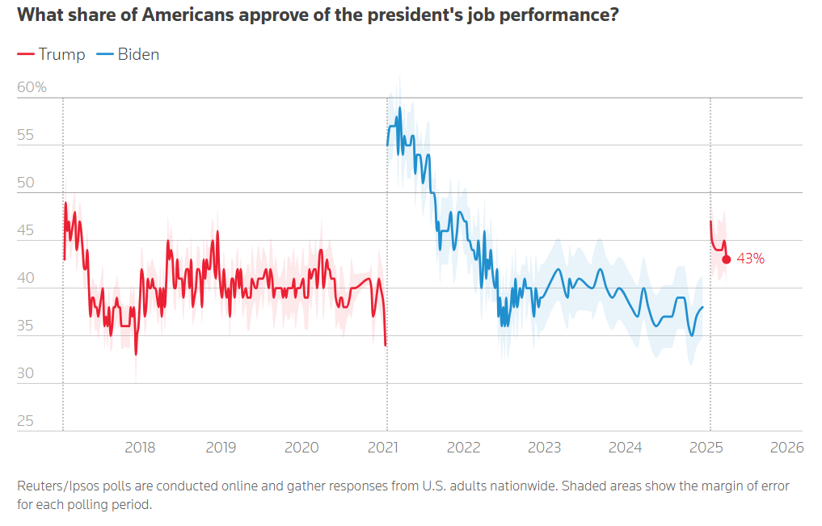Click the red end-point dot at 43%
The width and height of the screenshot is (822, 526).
(727, 259)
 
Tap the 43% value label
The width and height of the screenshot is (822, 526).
(751, 259)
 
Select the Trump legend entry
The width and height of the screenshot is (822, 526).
(51, 55)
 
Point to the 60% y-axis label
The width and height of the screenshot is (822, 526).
(32, 87)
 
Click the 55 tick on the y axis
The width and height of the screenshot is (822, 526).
(27, 135)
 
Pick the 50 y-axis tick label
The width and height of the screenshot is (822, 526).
(27, 183)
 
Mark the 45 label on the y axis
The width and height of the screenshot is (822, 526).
(27, 230)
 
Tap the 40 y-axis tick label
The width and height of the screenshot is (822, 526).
(27, 278)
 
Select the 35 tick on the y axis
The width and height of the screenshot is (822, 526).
(27, 326)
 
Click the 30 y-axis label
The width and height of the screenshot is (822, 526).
(27, 373)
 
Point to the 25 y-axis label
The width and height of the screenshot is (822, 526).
(27, 421)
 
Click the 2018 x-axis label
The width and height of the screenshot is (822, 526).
(141, 447)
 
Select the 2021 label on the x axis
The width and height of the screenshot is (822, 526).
(386, 447)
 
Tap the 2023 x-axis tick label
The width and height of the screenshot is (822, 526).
(545, 447)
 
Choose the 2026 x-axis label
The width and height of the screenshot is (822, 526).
(787, 447)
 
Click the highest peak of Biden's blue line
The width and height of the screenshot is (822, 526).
(399, 107)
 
